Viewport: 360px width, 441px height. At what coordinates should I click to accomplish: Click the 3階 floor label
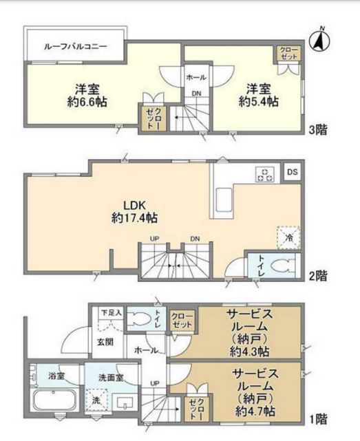pyautogui.click(x=317, y=129)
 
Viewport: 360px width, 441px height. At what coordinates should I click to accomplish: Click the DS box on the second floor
pyautogui.click(x=293, y=172)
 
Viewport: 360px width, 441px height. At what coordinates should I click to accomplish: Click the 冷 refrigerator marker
pyautogui.click(x=289, y=236)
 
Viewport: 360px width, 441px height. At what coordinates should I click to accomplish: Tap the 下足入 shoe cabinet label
pyautogui.click(x=110, y=312)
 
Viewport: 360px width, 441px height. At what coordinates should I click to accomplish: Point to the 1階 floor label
pyautogui.click(x=317, y=418)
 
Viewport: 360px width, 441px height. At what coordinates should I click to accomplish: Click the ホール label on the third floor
pyautogui.click(x=195, y=78)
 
